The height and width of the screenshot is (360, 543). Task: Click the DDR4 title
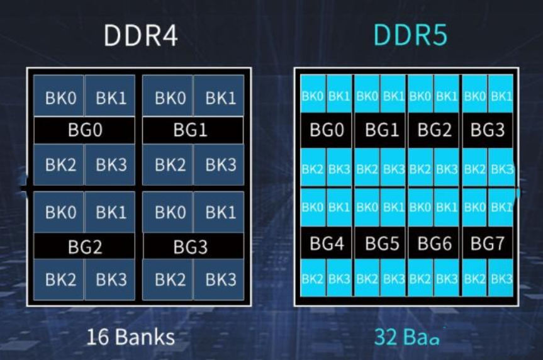[x=140, y=36]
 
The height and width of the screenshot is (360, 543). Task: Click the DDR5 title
[x=410, y=36]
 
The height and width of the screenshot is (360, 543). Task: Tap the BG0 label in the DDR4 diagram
[x=84, y=131]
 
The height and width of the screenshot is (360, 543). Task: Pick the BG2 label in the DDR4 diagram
[x=84, y=247]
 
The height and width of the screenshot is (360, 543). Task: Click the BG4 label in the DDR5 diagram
[x=326, y=244]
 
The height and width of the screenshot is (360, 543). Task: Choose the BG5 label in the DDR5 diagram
[x=381, y=244]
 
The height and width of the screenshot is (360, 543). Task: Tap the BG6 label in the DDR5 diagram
[x=434, y=244]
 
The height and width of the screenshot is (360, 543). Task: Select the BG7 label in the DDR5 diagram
[x=488, y=244]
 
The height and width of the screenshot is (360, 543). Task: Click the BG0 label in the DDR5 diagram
[x=326, y=130]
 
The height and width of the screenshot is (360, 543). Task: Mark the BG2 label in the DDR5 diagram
[x=434, y=130]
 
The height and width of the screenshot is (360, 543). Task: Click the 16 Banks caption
[x=130, y=337]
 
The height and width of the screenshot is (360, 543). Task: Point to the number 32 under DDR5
[x=385, y=337]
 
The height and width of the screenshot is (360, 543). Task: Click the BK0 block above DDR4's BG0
[x=60, y=98]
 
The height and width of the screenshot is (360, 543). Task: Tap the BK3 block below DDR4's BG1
[x=220, y=165]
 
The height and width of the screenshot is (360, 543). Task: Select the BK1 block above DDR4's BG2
[x=111, y=212]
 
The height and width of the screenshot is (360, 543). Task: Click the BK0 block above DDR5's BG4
[x=313, y=206]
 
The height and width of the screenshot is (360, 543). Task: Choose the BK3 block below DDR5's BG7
[x=501, y=278]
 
